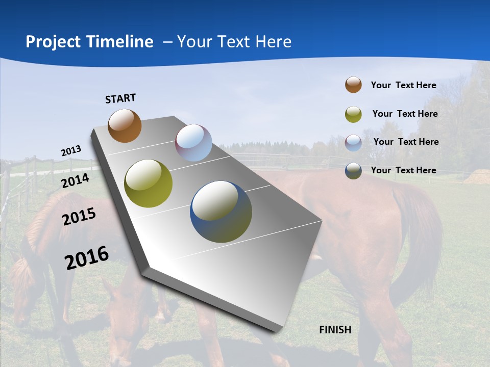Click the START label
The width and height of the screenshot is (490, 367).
point(120,98)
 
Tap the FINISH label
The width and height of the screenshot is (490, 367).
point(335,330)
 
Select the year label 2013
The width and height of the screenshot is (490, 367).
point(71,151)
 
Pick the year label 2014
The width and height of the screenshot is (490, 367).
point(76,180)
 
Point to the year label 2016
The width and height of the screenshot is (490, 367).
point(87,258)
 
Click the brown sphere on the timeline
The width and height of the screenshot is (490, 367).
point(125,125)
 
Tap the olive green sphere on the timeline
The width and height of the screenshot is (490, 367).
point(148,183)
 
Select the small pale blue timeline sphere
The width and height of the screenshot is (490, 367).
point(193,143)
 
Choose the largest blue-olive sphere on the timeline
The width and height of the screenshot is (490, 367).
point(221,212)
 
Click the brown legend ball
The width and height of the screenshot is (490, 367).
point(353,85)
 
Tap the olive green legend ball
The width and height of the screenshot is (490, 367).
point(353,114)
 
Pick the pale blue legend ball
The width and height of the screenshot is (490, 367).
point(353,142)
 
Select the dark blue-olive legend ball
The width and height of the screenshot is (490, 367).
point(353,171)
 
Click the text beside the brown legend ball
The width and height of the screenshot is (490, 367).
point(403,85)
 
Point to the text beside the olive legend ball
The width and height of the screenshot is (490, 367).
point(405,114)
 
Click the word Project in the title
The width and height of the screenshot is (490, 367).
point(52,42)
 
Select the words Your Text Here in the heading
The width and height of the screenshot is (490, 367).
point(234,42)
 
